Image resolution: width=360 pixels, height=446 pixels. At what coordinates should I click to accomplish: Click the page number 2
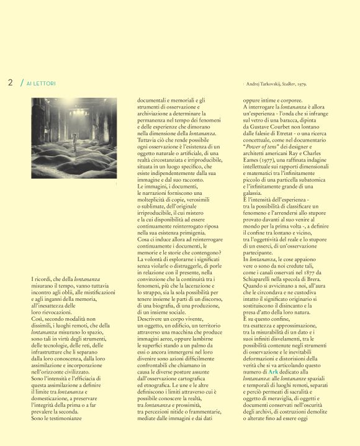tap(10, 83)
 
